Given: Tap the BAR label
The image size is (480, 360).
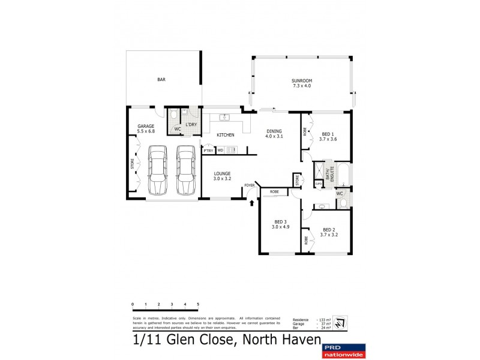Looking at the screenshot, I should pos(161,80).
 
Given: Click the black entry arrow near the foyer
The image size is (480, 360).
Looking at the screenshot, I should pos(251,203).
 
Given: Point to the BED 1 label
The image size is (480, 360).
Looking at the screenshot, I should pos(329,137).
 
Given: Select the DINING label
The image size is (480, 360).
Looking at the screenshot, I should pos(273,134).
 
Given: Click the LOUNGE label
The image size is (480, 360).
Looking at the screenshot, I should pos(222,176).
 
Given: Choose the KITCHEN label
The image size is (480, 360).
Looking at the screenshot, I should pos(226,135).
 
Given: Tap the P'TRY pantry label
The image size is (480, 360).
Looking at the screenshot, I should pos(208,151).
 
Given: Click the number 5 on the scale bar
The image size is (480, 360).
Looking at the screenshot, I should pos(198,305).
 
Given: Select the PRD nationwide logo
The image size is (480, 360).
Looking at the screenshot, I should pos(344,350).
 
